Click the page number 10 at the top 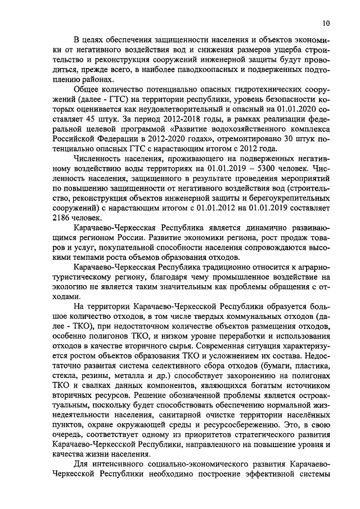[326, 23]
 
